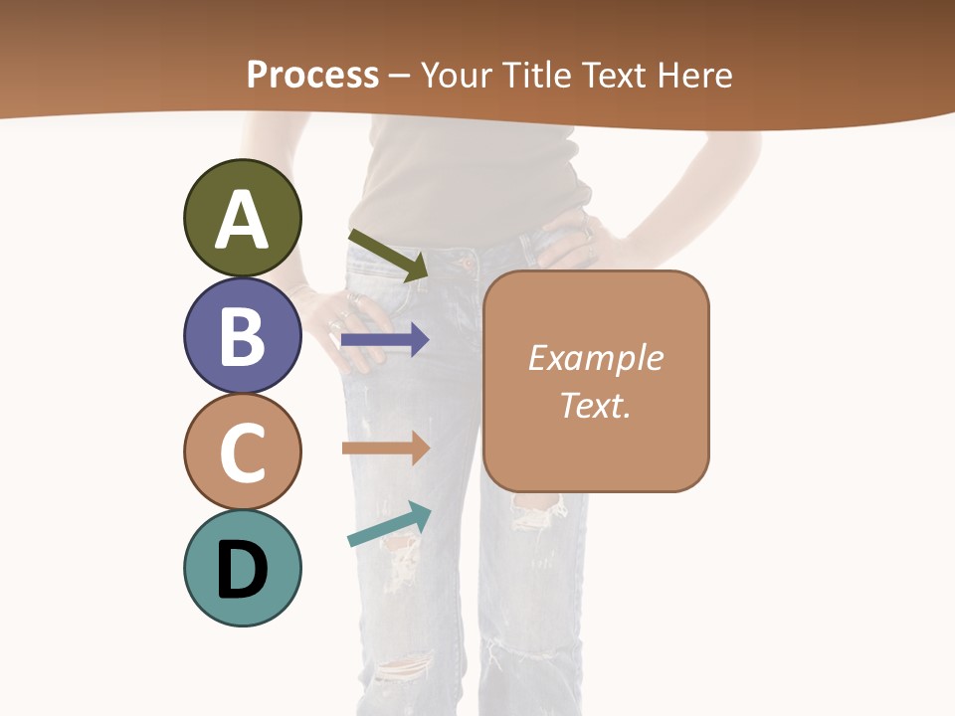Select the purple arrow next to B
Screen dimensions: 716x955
point(384,340)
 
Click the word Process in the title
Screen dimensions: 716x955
point(312,75)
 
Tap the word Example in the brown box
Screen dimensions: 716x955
point(595,358)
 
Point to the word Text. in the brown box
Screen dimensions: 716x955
point(595,405)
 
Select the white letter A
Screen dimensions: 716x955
point(242,220)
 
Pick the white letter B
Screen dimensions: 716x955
point(242,336)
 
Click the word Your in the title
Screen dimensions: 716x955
point(456,75)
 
